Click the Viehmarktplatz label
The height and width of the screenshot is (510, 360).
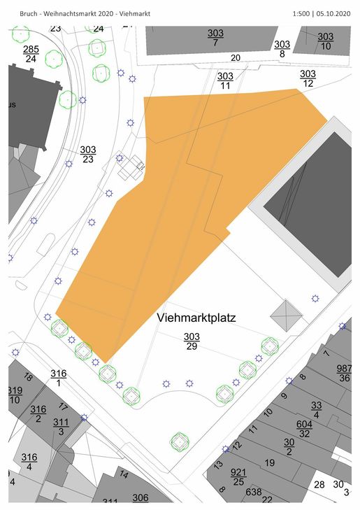tap(196, 318)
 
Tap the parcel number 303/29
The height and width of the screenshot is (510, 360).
tap(192, 341)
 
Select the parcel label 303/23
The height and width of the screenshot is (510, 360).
tap(87, 154)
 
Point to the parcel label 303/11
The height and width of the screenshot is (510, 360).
tap(225, 80)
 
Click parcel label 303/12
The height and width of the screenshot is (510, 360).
tap(308, 78)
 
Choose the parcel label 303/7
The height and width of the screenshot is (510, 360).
tap(215, 38)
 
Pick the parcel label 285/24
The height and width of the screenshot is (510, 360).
tap(31, 53)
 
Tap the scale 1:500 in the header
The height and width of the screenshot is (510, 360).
tap(303, 13)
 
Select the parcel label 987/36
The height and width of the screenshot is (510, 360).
tap(344, 373)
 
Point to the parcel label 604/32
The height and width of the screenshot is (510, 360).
tap(304, 428)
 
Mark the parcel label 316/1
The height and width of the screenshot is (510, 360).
tap(59, 378)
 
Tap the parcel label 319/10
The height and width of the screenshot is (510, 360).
tap(15, 395)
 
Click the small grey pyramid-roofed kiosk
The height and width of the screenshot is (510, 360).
tap(285, 316)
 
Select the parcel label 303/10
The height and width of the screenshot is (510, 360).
tap(326, 41)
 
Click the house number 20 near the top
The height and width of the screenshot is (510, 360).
tap(235, 57)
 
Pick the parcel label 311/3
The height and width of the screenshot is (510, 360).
tap(61, 427)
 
